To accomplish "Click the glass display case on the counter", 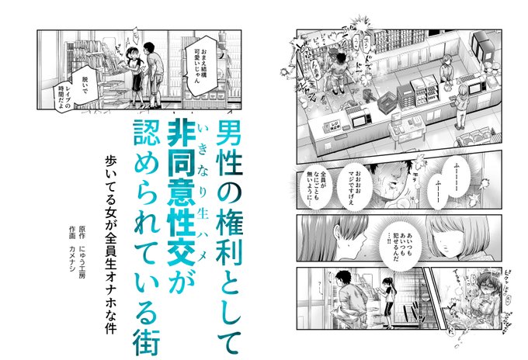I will coord(421,91).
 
